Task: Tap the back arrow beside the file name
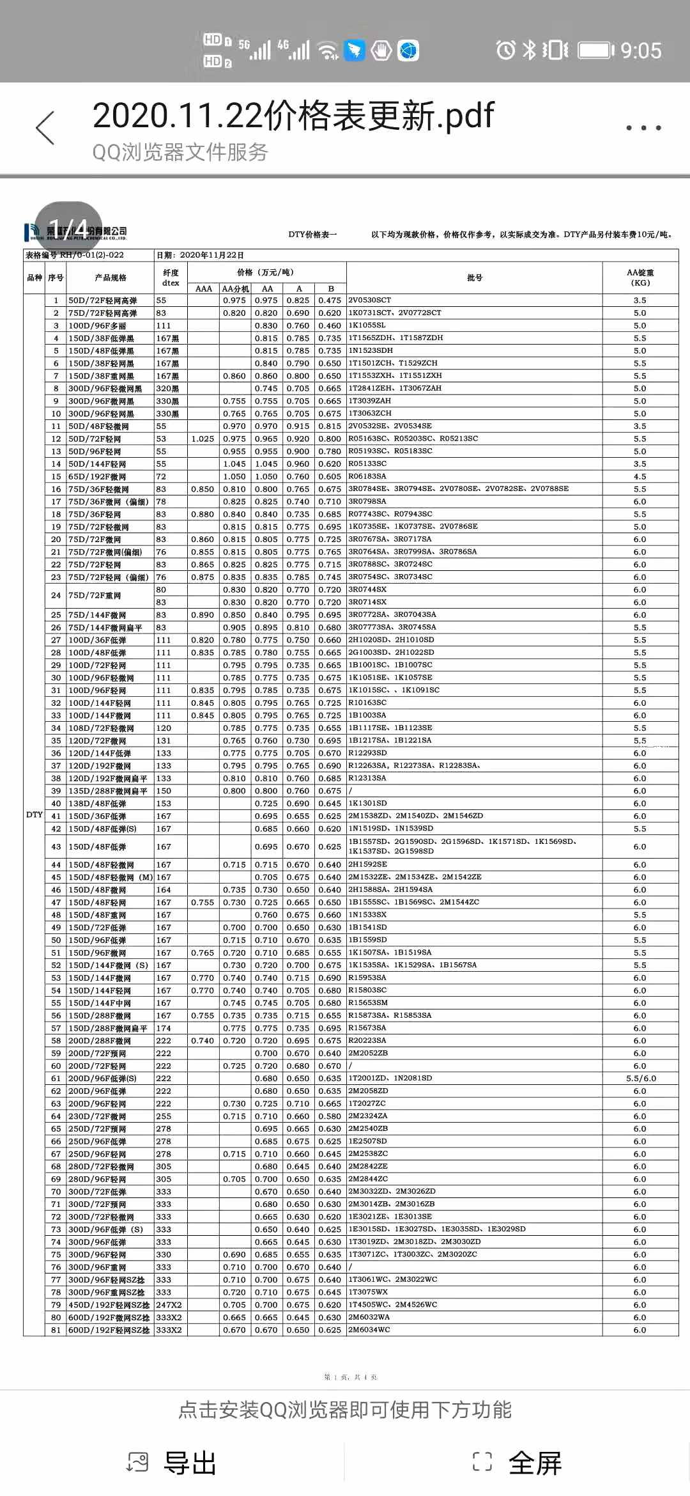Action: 45,127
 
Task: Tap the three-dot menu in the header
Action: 643,128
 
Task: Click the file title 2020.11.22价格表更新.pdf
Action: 293,116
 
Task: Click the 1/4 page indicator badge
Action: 68,228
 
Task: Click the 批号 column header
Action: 475,277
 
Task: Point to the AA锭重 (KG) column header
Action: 640,277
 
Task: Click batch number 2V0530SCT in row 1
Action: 369,300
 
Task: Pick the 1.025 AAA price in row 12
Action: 203,439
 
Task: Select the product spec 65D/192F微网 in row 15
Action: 97,476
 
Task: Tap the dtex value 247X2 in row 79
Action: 169,1304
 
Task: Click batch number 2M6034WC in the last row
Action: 369,1329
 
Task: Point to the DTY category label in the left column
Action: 34,814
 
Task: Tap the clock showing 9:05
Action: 641,51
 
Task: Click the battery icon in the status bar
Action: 595,50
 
